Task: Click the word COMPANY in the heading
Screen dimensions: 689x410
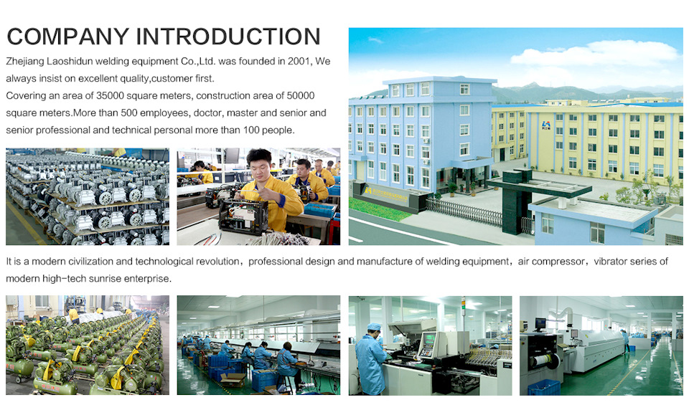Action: [x=68, y=37]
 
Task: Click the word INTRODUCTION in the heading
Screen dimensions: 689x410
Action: [x=228, y=37]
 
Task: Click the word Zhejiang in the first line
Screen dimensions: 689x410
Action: [x=25, y=62]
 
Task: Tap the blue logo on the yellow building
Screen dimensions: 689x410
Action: [x=546, y=125]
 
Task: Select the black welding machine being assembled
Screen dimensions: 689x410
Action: [x=243, y=217]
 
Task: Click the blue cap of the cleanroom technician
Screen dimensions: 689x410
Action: [x=374, y=327]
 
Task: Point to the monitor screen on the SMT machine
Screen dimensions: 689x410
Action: [x=428, y=339]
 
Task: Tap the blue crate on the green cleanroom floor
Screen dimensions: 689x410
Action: [x=543, y=387]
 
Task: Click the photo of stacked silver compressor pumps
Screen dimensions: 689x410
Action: [x=88, y=196]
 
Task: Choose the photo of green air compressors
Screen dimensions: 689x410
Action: [x=88, y=345]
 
